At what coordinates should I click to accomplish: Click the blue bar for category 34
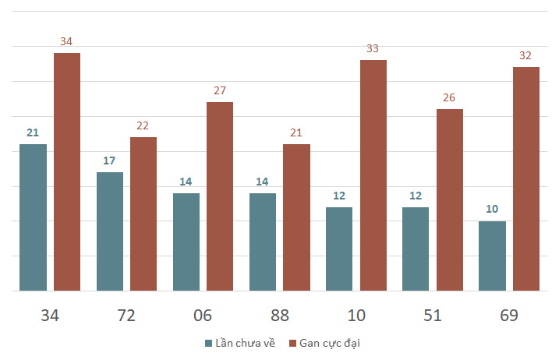pyautogui.click(x=33, y=217)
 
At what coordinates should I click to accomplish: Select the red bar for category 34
pyautogui.click(x=67, y=171)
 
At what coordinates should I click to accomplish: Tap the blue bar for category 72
pyautogui.click(x=109, y=231)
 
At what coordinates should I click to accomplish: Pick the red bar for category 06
pyautogui.click(x=220, y=196)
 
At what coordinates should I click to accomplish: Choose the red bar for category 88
pyautogui.click(x=296, y=217)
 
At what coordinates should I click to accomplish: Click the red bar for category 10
pyautogui.click(x=373, y=175)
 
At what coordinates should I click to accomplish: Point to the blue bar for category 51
pyautogui.click(x=416, y=249)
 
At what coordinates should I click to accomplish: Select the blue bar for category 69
pyautogui.click(x=492, y=256)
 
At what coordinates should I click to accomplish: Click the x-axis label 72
pyautogui.click(x=126, y=316)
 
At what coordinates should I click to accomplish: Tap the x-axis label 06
pyautogui.click(x=203, y=316)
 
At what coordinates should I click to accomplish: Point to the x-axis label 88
pyautogui.click(x=279, y=316)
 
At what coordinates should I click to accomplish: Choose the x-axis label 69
pyautogui.click(x=508, y=316)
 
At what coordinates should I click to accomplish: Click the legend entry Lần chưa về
pyautogui.click(x=242, y=343)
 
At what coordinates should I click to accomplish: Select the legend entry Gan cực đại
pyautogui.click(x=330, y=343)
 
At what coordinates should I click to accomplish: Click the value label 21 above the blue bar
pyautogui.click(x=33, y=132)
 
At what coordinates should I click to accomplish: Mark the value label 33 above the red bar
pyautogui.click(x=373, y=48)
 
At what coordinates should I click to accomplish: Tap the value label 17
pyautogui.click(x=109, y=161)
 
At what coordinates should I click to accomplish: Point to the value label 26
pyautogui.click(x=449, y=97)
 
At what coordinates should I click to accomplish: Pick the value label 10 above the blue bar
pyautogui.click(x=492, y=210)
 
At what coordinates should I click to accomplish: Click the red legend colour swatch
pyautogui.click(x=292, y=343)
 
